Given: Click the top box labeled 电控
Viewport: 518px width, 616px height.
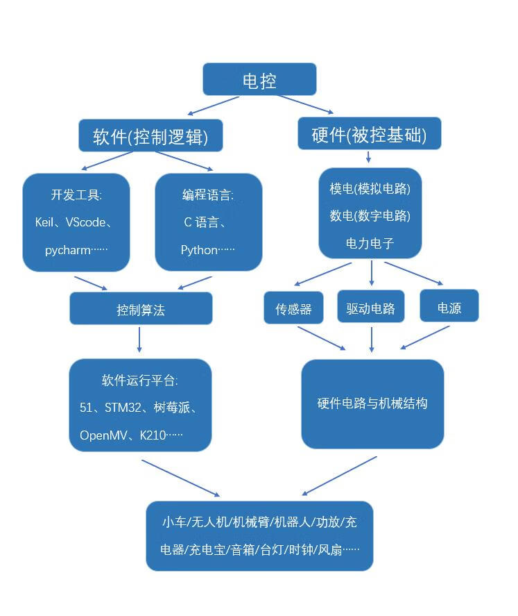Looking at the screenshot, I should pyautogui.click(x=259, y=80).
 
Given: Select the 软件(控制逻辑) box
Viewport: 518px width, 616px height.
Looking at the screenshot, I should pyautogui.click(x=150, y=135).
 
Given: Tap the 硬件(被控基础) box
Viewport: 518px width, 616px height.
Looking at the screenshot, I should pyautogui.click(x=369, y=135).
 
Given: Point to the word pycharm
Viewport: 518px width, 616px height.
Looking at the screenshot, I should pyautogui.click(x=68, y=250).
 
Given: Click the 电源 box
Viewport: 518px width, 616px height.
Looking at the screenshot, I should pyautogui.click(x=449, y=308).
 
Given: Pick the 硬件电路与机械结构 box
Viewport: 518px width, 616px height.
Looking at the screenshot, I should pyautogui.click(x=372, y=403).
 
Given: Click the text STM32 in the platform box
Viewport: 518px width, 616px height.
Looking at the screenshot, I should pyautogui.click(x=123, y=408).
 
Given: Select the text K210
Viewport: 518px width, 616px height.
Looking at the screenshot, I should pyautogui.click(x=154, y=435).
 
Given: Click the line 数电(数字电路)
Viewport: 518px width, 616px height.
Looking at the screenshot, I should pyautogui.click(x=370, y=216).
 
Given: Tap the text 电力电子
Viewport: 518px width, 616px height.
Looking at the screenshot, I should pyautogui.click(x=370, y=243).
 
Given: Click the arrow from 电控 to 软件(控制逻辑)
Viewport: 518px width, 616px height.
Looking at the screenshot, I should pyautogui.click(x=214, y=106).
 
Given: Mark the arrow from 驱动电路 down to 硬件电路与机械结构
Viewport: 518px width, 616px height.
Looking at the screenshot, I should pyautogui.click(x=372, y=338).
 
